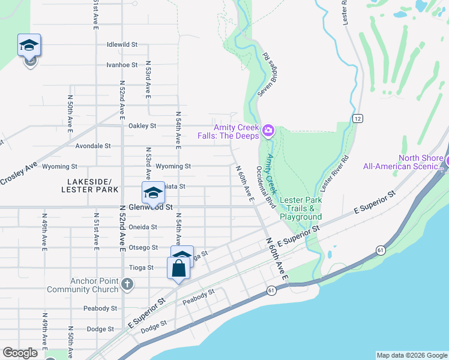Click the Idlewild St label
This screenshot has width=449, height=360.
click(x=122, y=44)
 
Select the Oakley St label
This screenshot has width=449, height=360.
click(x=142, y=126)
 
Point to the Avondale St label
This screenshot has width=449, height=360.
click(x=93, y=146)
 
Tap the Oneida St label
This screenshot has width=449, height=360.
click(x=143, y=227)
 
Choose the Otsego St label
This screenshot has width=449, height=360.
click(x=143, y=248)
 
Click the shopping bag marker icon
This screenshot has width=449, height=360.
click(x=179, y=268)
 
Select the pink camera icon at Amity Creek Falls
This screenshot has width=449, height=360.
click(x=268, y=130)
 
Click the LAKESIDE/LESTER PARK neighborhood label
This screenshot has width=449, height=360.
click(x=86, y=185)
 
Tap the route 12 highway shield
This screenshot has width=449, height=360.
click(x=357, y=118)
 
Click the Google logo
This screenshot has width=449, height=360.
click(x=20, y=353)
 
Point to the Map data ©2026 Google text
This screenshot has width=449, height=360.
click(x=412, y=355)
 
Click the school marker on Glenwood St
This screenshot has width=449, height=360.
click(x=153, y=193)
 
